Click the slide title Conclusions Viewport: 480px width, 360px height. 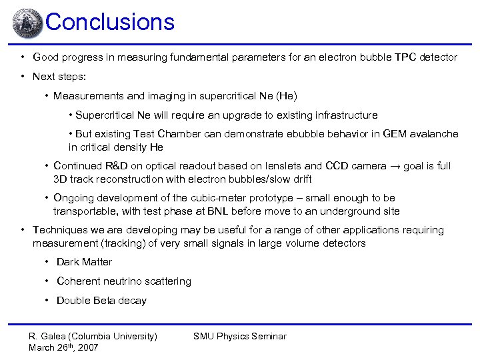[110, 22]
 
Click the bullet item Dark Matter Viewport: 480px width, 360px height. [84, 262]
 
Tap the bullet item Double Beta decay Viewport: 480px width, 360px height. [101, 301]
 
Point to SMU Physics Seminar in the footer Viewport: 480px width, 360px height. [240, 336]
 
